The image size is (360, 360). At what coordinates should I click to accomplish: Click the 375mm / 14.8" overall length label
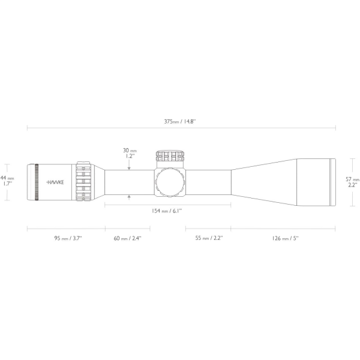pos(181,121)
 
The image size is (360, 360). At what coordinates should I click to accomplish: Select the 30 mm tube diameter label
pos(129,150)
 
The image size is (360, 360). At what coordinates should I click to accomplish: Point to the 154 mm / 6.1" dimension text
pos(169,211)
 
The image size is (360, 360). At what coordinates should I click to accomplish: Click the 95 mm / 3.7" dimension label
pos(68,238)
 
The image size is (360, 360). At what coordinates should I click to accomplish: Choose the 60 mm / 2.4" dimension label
pos(128,238)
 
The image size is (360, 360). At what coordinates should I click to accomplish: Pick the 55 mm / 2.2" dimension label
pos(209,238)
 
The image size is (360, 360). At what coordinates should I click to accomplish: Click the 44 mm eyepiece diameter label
pos(7,178)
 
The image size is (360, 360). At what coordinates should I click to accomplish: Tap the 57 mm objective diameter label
pos(353,179)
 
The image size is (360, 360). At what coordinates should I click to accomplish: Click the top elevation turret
pos(171,157)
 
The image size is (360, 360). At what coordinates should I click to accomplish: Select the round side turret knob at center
pos(170,181)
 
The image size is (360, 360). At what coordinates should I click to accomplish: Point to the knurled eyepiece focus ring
pos(37,182)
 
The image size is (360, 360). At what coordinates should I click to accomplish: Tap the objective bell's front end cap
pos(333,182)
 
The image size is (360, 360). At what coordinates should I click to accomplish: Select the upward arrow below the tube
pos(129,196)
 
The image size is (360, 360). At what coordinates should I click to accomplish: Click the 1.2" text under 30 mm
pos(129,156)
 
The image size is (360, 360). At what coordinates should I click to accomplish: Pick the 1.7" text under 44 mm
pos(7,184)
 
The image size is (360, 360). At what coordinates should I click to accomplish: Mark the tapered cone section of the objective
pos(261,181)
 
